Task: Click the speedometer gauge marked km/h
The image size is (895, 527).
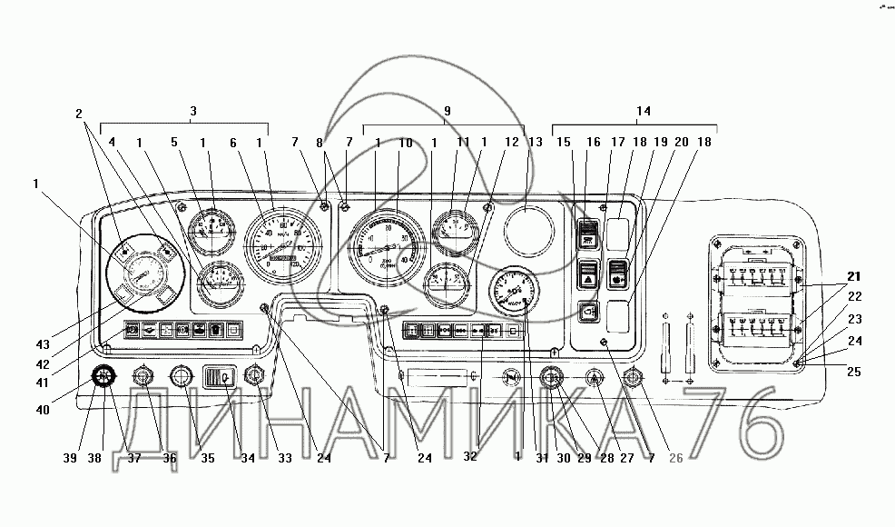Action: (284, 244)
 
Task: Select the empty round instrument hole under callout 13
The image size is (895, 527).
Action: (529, 230)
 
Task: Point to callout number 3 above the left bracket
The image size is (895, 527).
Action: (193, 111)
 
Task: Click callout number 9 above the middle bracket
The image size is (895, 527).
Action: (447, 111)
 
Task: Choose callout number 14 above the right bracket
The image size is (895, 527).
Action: (643, 111)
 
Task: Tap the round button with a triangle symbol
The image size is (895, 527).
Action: (594, 376)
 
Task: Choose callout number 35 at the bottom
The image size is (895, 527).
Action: (208, 458)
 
